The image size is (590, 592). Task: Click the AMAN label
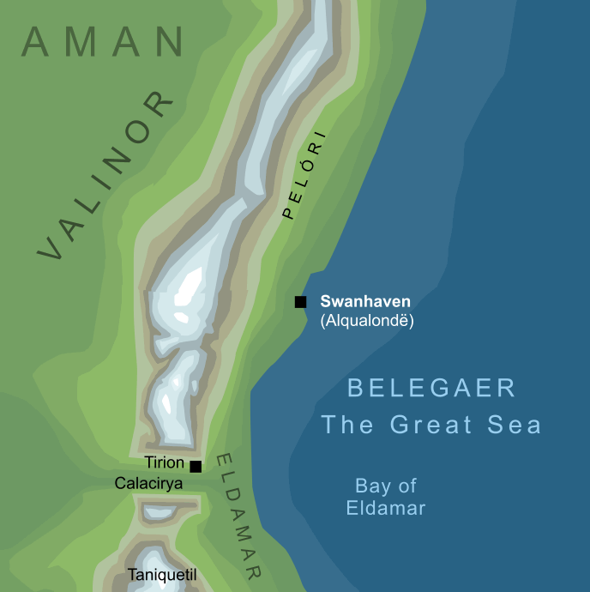pyautogui.click(x=103, y=42)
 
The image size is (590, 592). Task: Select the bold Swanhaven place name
pyautogui.click(x=365, y=301)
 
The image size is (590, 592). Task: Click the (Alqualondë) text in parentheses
pyautogui.click(x=367, y=321)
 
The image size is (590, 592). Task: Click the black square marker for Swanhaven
pyautogui.click(x=300, y=302)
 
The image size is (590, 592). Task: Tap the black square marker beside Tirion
pyautogui.click(x=196, y=467)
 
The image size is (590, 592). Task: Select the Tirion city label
pyautogui.click(x=165, y=463)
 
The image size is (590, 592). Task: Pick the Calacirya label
pyautogui.click(x=148, y=484)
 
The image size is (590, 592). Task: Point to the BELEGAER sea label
pyautogui.click(x=431, y=388)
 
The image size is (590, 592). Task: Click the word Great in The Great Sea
pyautogui.click(x=425, y=425)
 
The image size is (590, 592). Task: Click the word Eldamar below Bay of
pyautogui.click(x=386, y=508)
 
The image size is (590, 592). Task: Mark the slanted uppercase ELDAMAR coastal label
pyautogui.click(x=239, y=516)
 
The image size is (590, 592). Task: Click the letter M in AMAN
pyautogui.click(x=75, y=42)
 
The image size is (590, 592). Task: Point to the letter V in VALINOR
pyautogui.click(x=51, y=247)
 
